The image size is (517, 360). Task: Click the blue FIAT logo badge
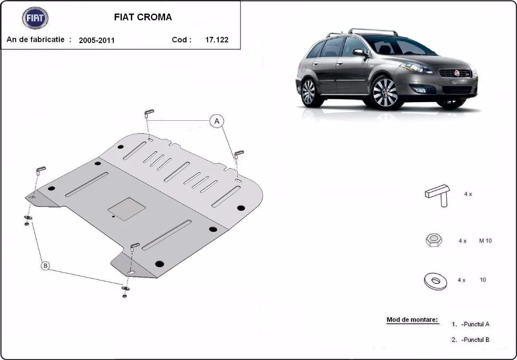click(x=35, y=18)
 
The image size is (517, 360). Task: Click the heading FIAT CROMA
click(x=143, y=17)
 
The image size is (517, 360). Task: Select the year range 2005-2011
click(x=97, y=41)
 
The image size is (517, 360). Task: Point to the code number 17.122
click(x=217, y=40)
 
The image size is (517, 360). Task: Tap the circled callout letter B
click(x=45, y=266)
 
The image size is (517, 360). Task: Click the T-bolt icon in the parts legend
click(x=438, y=194)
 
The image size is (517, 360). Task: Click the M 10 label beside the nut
click(x=485, y=241)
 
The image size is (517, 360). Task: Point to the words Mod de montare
click(x=412, y=320)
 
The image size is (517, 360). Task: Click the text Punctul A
click(x=475, y=324)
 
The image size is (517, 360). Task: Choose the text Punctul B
click(x=475, y=340)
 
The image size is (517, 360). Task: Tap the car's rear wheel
click(x=308, y=92)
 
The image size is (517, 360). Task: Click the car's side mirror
click(x=359, y=53)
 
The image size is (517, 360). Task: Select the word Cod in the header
click(x=180, y=40)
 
